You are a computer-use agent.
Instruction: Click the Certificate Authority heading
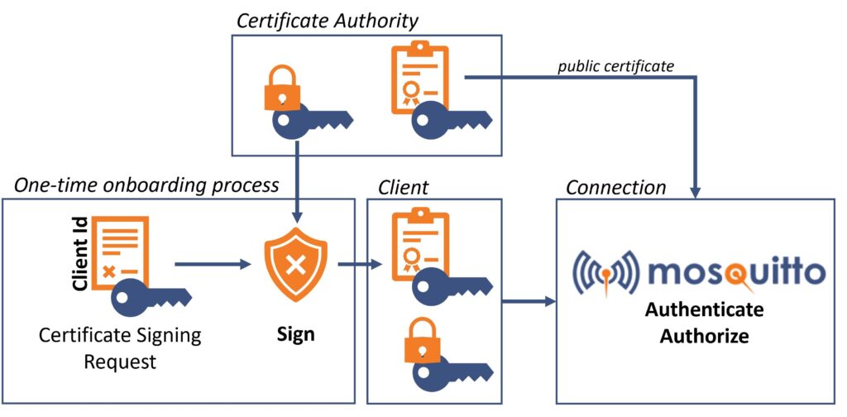pos(327,20)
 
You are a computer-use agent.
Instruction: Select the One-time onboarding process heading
pos(146,185)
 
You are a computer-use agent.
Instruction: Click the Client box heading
pos(403,188)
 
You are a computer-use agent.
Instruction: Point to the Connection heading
pos(615,188)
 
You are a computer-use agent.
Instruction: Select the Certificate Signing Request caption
pos(121,349)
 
